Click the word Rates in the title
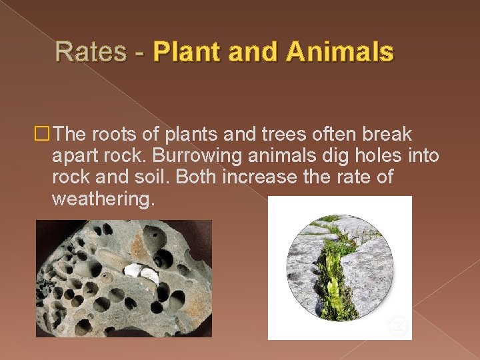point(90,51)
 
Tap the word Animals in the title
point(340,51)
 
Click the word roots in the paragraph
point(106,135)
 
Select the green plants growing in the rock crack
point(335,280)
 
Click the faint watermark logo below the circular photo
point(399,326)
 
